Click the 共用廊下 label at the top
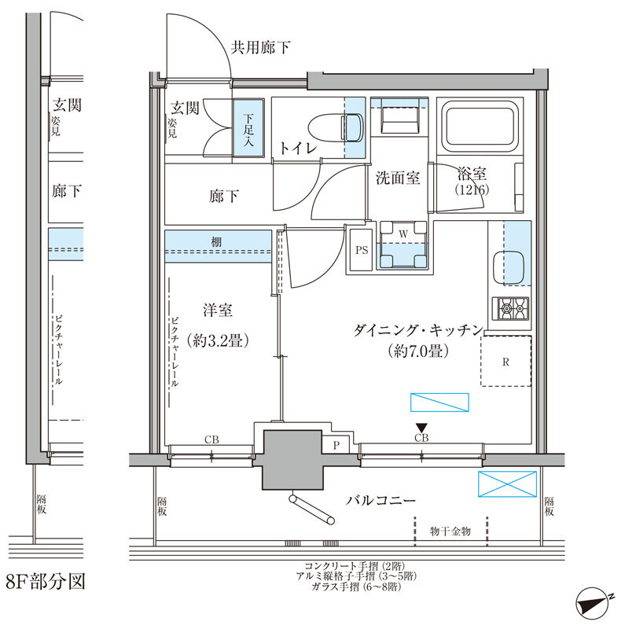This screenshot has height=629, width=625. click(260, 48)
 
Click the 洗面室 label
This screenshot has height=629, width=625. click(397, 178)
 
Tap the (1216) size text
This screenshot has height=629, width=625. click(471, 190)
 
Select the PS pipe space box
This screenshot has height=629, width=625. click(361, 251)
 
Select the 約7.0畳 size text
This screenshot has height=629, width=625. click(417, 351)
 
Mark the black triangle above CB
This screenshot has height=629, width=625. click(421, 427)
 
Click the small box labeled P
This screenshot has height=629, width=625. click(336, 444)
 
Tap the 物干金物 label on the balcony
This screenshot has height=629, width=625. click(450, 532)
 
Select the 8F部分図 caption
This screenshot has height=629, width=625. click(45, 583)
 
